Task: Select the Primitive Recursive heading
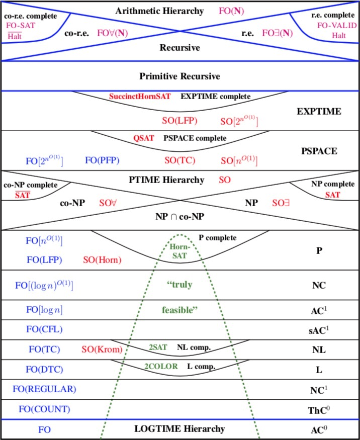click(179, 76)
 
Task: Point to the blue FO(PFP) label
click(102, 160)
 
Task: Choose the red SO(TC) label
click(180, 160)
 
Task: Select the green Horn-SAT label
click(179, 251)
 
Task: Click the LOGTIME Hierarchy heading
click(179, 429)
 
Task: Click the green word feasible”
click(179, 310)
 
